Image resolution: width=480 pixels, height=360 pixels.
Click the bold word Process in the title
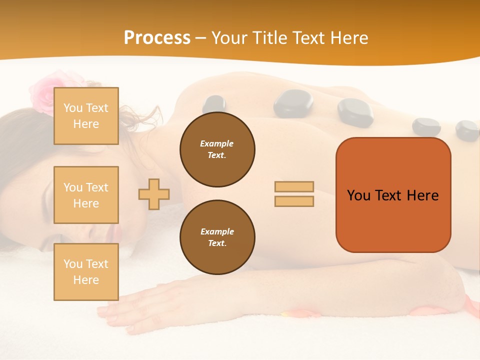click(157, 38)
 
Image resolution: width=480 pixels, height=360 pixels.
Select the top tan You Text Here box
click(86, 116)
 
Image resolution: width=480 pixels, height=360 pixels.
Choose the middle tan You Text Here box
click(86, 195)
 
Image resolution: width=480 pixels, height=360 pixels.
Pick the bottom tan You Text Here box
click(86, 272)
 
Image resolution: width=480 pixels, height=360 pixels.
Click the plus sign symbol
click(154, 194)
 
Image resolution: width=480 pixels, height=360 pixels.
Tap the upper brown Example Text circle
click(217, 149)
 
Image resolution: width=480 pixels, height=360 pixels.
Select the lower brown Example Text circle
click(217, 237)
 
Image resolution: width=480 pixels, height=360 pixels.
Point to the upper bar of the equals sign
click(294, 186)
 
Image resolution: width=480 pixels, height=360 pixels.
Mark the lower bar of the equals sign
click(294, 201)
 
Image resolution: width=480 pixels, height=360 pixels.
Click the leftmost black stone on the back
click(214, 104)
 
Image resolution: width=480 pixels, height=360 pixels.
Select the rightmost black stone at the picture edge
click(468, 130)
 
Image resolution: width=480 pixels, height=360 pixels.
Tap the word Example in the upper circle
click(217, 143)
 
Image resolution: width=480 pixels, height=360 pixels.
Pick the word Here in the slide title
click(349, 38)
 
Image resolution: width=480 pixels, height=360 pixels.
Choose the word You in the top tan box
click(73, 108)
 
